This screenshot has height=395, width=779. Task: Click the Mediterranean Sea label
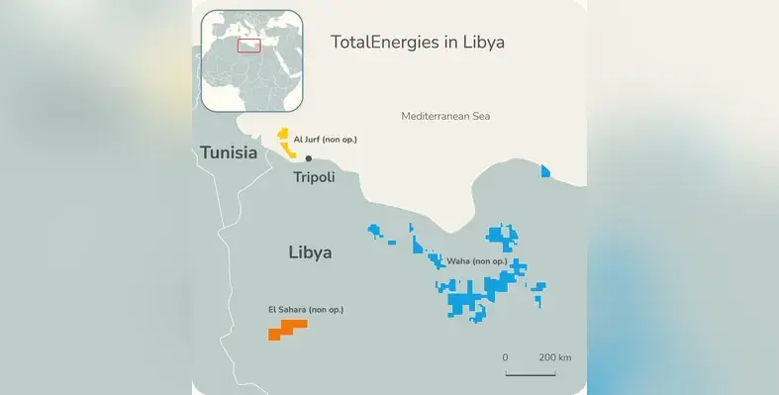[445, 116]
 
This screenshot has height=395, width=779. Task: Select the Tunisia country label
[229, 152]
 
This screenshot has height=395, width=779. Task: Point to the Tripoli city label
[314, 177]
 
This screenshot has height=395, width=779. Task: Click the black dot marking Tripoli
[309, 158]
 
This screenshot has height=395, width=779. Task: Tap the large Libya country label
[310, 252]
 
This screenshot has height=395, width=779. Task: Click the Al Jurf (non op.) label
[325, 140]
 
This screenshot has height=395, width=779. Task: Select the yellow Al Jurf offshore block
[286, 147]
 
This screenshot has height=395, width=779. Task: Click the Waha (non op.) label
[477, 261]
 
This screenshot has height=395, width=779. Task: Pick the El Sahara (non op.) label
[306, 310]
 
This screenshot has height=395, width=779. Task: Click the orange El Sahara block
[286, 329]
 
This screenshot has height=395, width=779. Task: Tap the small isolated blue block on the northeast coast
[545, 171]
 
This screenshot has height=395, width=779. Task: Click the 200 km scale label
[554, 356]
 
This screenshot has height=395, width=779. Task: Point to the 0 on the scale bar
[505, 356]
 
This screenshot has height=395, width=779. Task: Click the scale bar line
[531, 373]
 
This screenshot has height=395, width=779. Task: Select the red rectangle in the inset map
[248, 45]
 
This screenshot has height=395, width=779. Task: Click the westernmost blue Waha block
[375, 231]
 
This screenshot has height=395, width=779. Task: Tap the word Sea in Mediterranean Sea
[480, 116]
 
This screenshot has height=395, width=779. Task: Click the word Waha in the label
[458, 261]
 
